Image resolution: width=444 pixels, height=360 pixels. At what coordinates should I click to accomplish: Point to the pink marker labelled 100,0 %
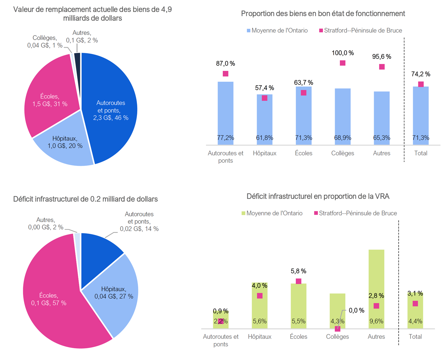343,63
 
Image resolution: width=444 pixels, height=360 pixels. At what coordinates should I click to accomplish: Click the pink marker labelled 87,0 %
225,74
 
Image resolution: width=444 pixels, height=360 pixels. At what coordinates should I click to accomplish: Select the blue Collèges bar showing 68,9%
343,116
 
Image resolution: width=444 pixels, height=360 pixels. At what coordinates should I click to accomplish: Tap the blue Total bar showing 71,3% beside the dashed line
420,116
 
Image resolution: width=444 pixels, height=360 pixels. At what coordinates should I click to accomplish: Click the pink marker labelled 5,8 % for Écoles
299,281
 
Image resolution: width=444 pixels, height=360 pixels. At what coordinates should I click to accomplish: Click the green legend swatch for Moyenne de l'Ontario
244,213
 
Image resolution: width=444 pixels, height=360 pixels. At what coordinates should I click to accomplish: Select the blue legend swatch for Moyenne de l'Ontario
249,30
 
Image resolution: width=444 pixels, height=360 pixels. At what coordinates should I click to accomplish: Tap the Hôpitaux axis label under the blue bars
264,153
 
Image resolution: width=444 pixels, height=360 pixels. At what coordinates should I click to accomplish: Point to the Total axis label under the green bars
415,336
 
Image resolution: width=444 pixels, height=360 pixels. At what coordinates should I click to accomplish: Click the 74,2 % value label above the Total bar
420,74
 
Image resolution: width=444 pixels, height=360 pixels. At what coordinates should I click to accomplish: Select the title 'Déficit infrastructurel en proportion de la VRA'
318,196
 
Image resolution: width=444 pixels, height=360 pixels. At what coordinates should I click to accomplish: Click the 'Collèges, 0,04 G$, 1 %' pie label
45,41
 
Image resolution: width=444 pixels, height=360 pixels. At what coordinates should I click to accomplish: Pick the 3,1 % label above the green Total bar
415,293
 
